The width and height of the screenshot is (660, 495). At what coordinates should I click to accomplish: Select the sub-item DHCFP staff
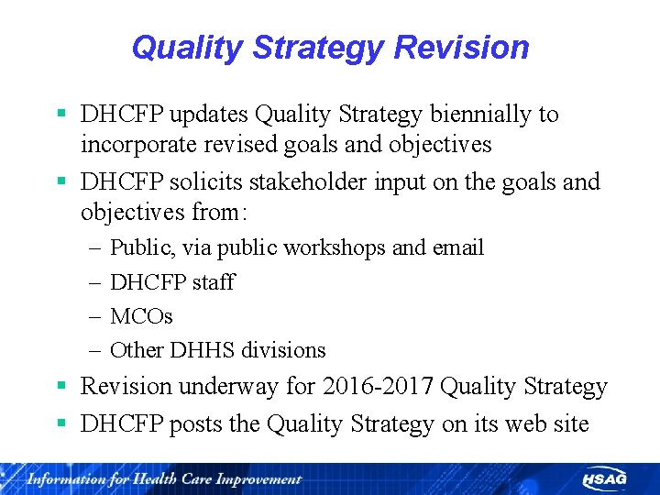[172, 282]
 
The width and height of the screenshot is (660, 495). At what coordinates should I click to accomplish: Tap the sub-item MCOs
[141, 316]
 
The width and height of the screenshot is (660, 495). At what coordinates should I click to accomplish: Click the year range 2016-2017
[378, 387]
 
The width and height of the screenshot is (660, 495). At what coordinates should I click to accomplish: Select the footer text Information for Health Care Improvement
[164, 478]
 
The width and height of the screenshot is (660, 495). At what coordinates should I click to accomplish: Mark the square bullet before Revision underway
[61, 386]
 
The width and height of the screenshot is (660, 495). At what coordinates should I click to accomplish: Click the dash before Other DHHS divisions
[97, 350]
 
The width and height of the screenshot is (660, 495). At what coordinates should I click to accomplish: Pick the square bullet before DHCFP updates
[61, 114]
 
